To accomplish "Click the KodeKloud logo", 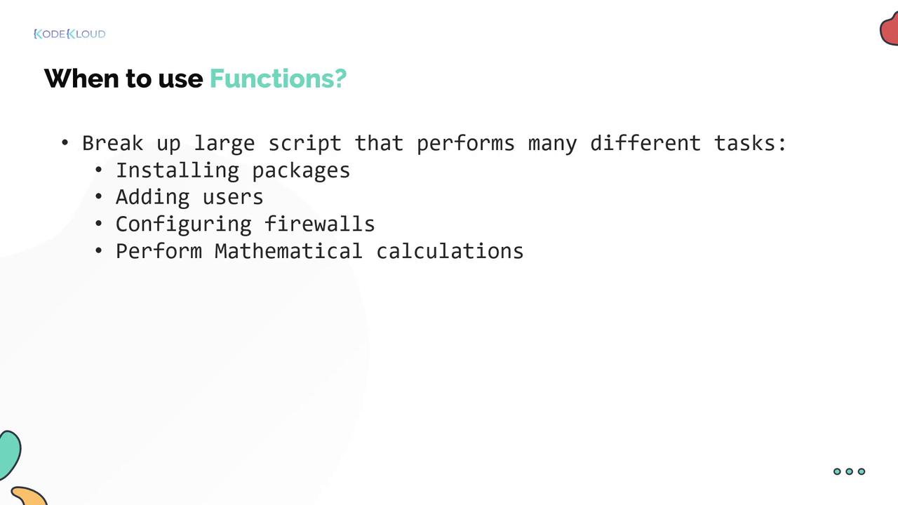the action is pyautogui.click(x=69, y=34).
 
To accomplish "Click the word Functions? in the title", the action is pyautogui.click(x=278, y=79).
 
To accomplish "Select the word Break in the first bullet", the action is pyautogui.click(x=113, y=144).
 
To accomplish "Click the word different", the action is pyautogui.click(x=645, y=143).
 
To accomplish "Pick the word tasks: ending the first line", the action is pyautogui.click(x=750, y=144).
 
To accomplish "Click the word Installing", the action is pyautogui.click(x=177, y=170).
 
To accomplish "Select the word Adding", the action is pyautogui.click(x=153, y=198).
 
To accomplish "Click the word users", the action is pyautogui.click(x=233, y=198).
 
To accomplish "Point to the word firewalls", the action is pyautogui.click(x=319, y=224).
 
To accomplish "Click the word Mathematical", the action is pyautogui.click(x=288, y=251).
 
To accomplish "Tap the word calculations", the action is pyautogui.click(x=450, y=251).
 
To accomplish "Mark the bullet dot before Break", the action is pyautogui.click(x=65, y=143).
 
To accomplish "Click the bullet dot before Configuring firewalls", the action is pyautogui.click(x=99, y=224).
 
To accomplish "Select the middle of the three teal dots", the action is pyautogui.click(x=849, y=471).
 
